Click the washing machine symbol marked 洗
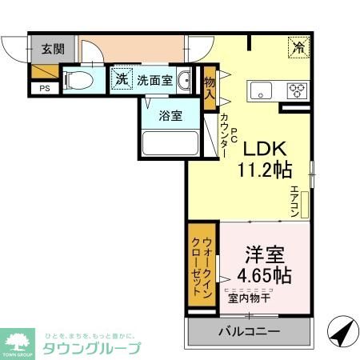(119, 79)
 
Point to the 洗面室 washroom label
(153, 79)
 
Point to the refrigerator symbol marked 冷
(298, 47)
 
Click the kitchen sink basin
(262, 90)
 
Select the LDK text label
(262, 148)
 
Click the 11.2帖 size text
(262, 169)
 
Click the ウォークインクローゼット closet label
(201, 266)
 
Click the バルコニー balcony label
(247, 331)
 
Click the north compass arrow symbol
(342, 330)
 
